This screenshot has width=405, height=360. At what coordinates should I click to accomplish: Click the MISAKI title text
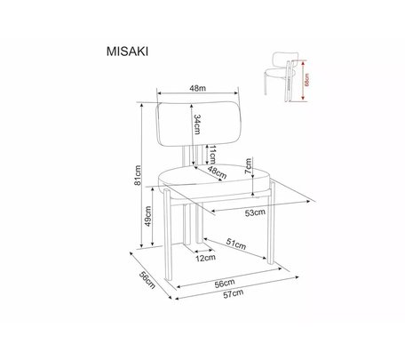[x=127, y=52]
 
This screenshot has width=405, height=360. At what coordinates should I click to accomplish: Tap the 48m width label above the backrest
[x=198, y=88]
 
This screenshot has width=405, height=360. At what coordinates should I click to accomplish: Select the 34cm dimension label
[x=197, y=124]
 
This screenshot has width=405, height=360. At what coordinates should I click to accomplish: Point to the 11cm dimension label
[x=212, y=155]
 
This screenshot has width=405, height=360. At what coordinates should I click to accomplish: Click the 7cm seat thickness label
[x=248, y=166]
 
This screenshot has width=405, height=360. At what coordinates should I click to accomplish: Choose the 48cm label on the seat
[x=217, y=172]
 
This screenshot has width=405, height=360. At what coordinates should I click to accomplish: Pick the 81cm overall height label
[x=138, y=175]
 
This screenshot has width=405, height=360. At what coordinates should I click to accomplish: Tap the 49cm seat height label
[x=147, y=216]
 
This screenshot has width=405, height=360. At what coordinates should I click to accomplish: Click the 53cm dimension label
[x=255, y=212]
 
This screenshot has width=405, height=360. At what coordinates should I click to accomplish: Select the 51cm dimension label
[x=236, y=244]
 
